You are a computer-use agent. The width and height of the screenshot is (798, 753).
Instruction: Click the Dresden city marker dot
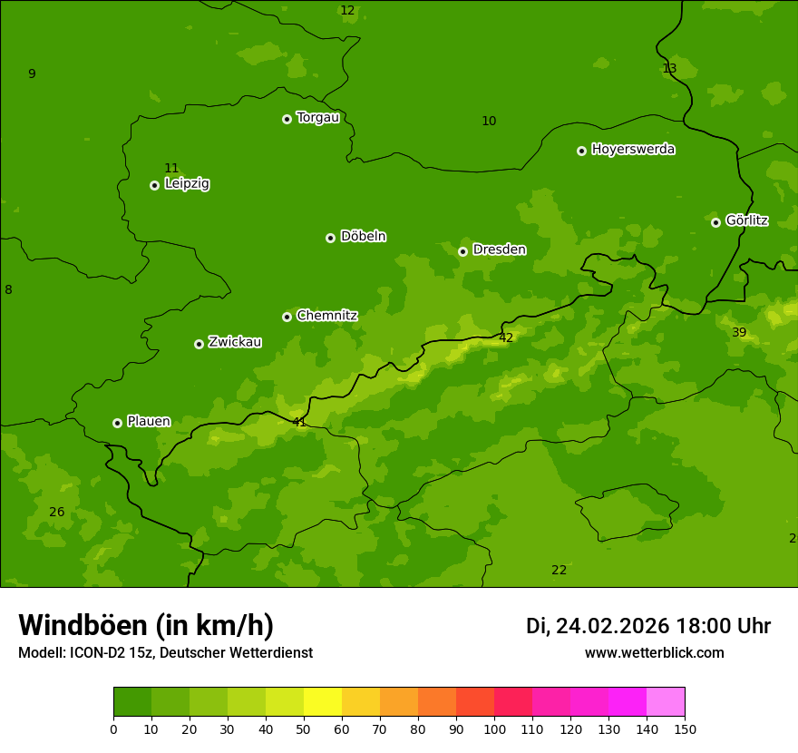(x=462, y=251)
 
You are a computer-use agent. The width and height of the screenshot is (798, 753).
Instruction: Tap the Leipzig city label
(x=187, y=183)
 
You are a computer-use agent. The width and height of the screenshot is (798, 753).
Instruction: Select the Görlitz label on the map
(x=746, y=220)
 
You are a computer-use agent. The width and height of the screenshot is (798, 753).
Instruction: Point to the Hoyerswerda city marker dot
(x=581, y=151)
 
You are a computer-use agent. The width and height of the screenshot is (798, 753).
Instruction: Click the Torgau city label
(x=317, y=118)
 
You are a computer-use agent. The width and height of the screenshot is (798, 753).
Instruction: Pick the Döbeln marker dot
(x=330, y=238)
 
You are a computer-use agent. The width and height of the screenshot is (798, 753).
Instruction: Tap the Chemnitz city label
(x=326, y=316)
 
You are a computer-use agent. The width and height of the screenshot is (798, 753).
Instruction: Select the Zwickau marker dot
(x=199, y=344)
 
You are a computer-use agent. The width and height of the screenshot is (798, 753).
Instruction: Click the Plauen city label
(x=148, y=422)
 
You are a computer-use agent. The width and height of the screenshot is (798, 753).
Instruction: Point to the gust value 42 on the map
(x=506, y=338)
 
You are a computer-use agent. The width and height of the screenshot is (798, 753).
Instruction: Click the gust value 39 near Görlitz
(x=739, y=333)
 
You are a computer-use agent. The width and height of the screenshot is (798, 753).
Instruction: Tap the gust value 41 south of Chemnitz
(x=299, y=422)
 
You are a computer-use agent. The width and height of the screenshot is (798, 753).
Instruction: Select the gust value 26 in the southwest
(x=56, y=513)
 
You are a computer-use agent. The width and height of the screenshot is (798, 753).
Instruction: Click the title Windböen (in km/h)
(x=146, y=625)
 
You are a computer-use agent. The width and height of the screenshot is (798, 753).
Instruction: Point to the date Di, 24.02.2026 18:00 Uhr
(x=648, y=626)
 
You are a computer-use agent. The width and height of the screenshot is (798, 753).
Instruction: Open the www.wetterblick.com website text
(x=654, y=653)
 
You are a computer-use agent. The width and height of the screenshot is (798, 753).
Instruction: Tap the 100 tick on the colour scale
(x=494, y=729)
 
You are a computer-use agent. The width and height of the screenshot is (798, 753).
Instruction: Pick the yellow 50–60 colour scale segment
(x=323, y=702)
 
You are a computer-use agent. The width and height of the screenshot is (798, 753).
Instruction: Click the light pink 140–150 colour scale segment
(x=666, y=702)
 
